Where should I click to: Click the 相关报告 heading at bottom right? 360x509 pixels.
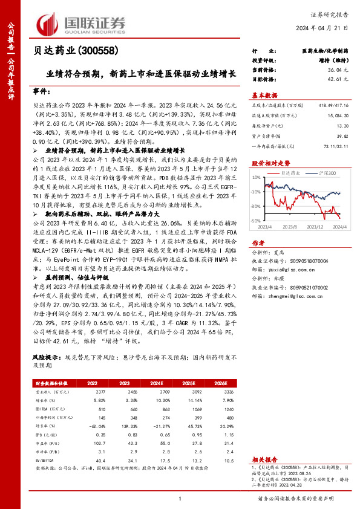(x=263, y=460)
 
